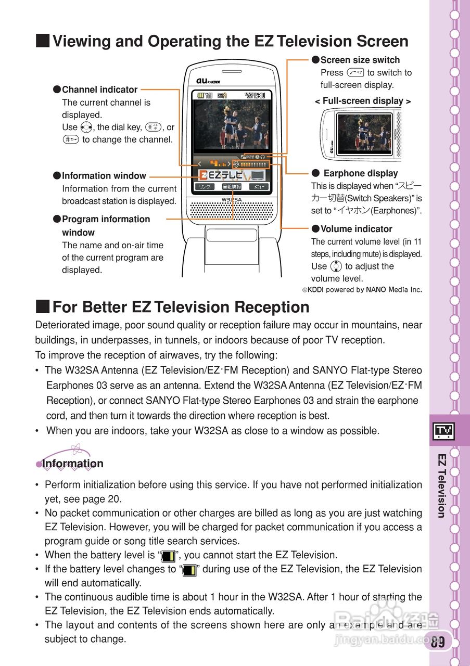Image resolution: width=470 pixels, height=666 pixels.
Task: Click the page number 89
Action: coord(438,642)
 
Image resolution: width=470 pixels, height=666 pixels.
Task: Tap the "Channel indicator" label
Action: coord(99,89)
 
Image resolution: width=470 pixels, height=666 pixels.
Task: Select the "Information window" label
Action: coord(104,176)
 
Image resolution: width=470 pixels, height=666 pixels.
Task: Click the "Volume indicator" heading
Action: coord(356,229)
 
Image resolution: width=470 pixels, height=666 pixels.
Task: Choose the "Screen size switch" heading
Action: coord(360,60)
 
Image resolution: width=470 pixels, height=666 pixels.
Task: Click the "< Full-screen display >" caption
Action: coord(363,101)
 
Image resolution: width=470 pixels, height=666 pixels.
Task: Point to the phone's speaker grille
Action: coord(232,210)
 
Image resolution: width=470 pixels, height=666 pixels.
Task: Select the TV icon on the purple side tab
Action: coord(444,430)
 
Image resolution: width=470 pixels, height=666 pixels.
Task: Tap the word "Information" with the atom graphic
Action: coord(73,464)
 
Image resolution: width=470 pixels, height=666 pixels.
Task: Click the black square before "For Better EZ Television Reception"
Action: coord(43,306)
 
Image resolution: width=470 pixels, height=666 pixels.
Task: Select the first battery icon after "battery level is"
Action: coord(168,556)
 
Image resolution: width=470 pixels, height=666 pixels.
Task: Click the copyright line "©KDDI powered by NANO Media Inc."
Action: coord(362,290)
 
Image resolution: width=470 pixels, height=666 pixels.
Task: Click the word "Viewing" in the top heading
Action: coord(82,41)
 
